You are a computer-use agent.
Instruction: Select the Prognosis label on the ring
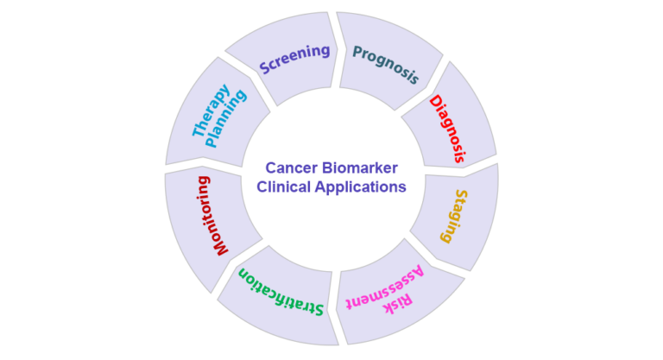pyautogui.click(x=386, y=63)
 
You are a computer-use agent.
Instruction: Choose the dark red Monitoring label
pyautogui.click(x=212, y=216)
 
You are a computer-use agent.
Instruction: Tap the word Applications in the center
pyautogui.click(x=362, y=186)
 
